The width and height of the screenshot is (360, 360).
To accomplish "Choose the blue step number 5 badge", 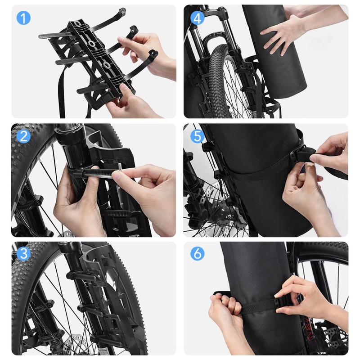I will coord(197,136).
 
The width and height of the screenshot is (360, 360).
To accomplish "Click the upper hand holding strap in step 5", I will coord(331,151).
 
